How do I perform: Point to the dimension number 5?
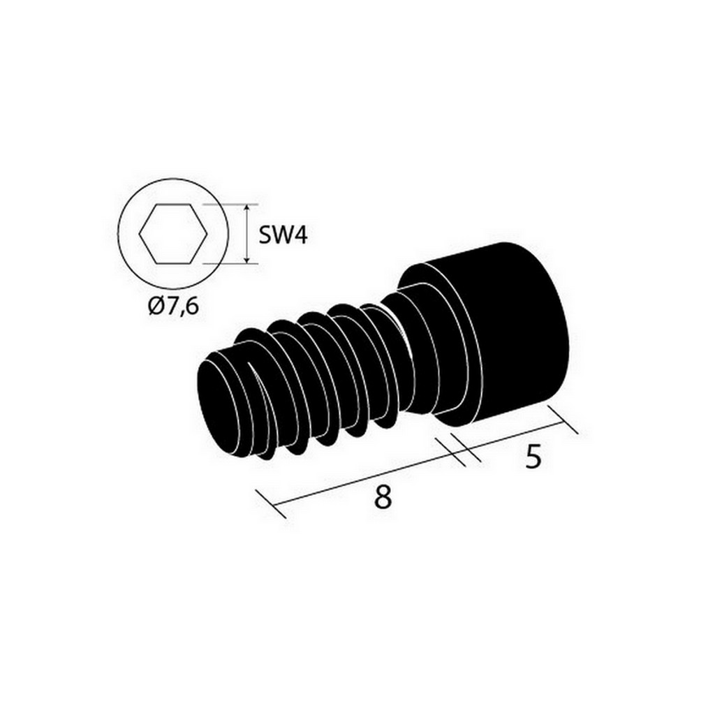click(533, 457)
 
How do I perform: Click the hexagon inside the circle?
click(173, 233)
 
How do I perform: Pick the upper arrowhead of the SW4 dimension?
click(246, 209)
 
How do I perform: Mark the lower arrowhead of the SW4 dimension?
click(246, 258)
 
